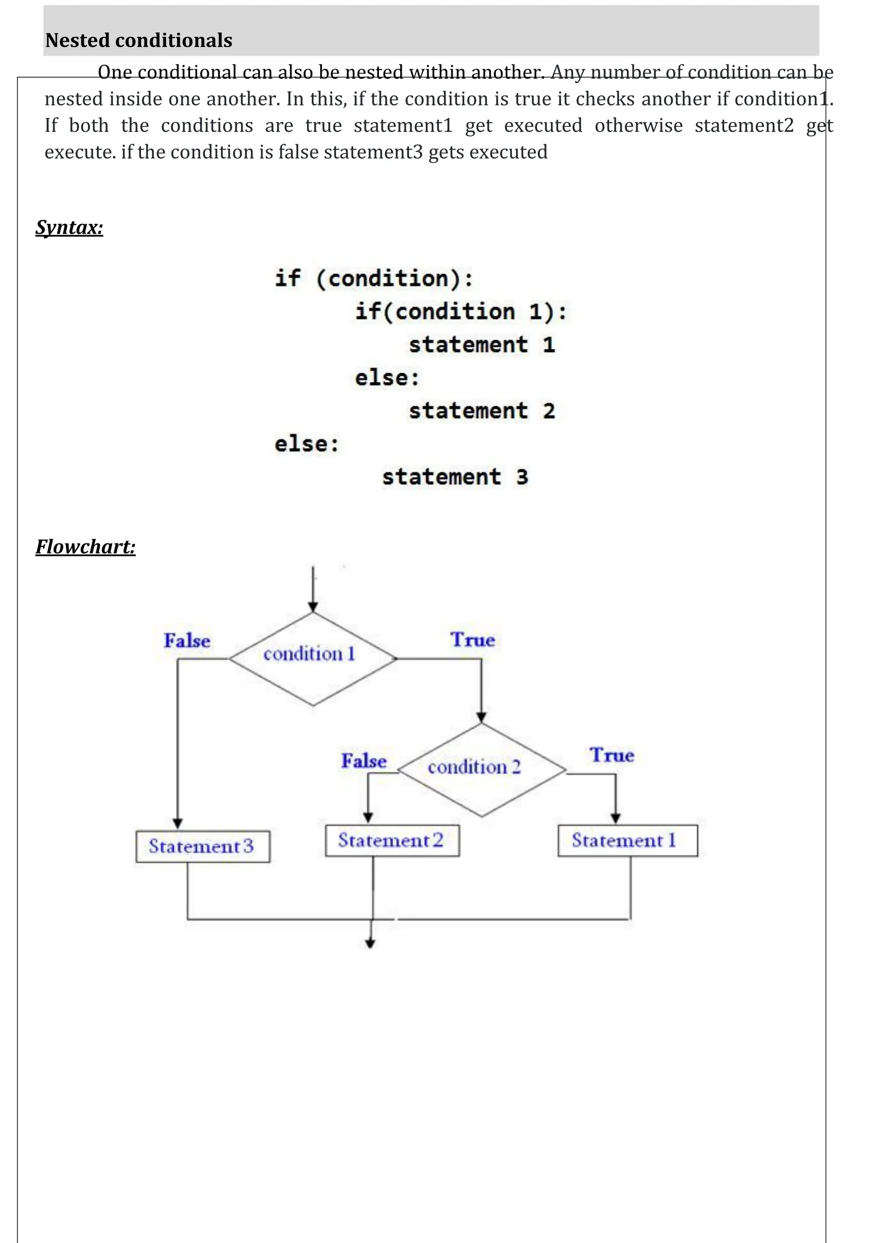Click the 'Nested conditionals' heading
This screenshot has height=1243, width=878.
138,41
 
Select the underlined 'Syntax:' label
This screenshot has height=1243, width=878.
69,227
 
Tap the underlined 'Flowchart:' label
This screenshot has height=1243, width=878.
85,547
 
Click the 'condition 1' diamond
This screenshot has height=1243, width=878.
313,658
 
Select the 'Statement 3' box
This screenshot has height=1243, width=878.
202,846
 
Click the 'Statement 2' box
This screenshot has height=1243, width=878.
392,840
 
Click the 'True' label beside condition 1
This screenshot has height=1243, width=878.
472,640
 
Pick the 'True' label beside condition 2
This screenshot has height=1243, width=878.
611,755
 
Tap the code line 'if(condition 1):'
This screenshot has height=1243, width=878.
460,311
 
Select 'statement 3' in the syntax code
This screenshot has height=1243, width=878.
454,477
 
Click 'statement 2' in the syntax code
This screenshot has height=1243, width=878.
481,410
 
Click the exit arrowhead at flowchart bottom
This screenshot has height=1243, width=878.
370,944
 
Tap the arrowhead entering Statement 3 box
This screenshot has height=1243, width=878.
177,824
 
